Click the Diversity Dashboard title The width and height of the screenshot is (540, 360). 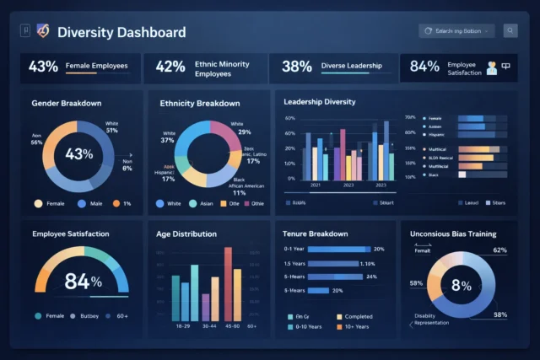tap(121, 33)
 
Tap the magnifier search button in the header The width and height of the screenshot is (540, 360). tap(510, 31)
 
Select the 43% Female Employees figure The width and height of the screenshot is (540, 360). tap(43, 67)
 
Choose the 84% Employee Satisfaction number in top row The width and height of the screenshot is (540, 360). tap(424, 67)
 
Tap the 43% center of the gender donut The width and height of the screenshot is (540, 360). tap(78, 154)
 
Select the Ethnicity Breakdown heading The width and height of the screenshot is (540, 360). tap(199, 103)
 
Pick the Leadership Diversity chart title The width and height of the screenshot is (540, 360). tap(320, 102)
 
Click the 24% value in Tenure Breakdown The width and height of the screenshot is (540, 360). tap(371, 277)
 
